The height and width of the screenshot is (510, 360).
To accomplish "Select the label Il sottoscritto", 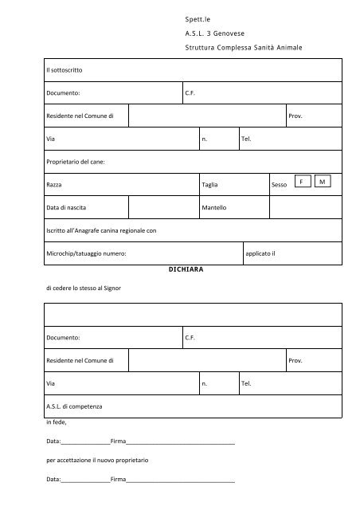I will click(x=65, y=71).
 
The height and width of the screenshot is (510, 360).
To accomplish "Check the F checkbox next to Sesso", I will click(x=302, y=182).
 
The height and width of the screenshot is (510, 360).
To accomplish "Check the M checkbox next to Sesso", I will click(x=323, y=182).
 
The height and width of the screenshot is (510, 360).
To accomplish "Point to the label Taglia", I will click(x=210, y=185).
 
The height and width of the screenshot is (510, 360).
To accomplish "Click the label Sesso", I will click(x=279, y=185).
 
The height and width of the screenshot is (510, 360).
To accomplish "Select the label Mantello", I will click(x=214, y=208).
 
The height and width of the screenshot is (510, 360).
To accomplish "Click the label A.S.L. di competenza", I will click(x=75, y=406).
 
